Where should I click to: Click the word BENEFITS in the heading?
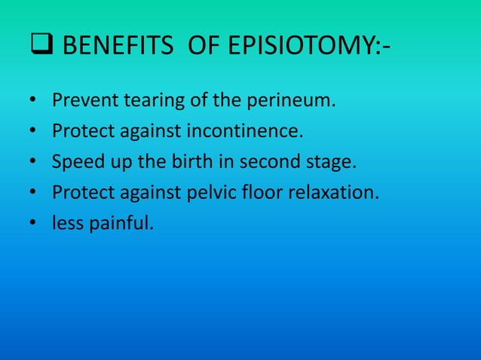click(x=111, y=50)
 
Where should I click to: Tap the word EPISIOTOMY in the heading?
click(x=310, y=50)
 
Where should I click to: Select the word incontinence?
click(x=249, y=133)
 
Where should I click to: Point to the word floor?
click(x=261, y=192)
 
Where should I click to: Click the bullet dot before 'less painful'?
click(x=34, y=223)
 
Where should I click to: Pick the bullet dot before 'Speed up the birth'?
click(x=34, y=163)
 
